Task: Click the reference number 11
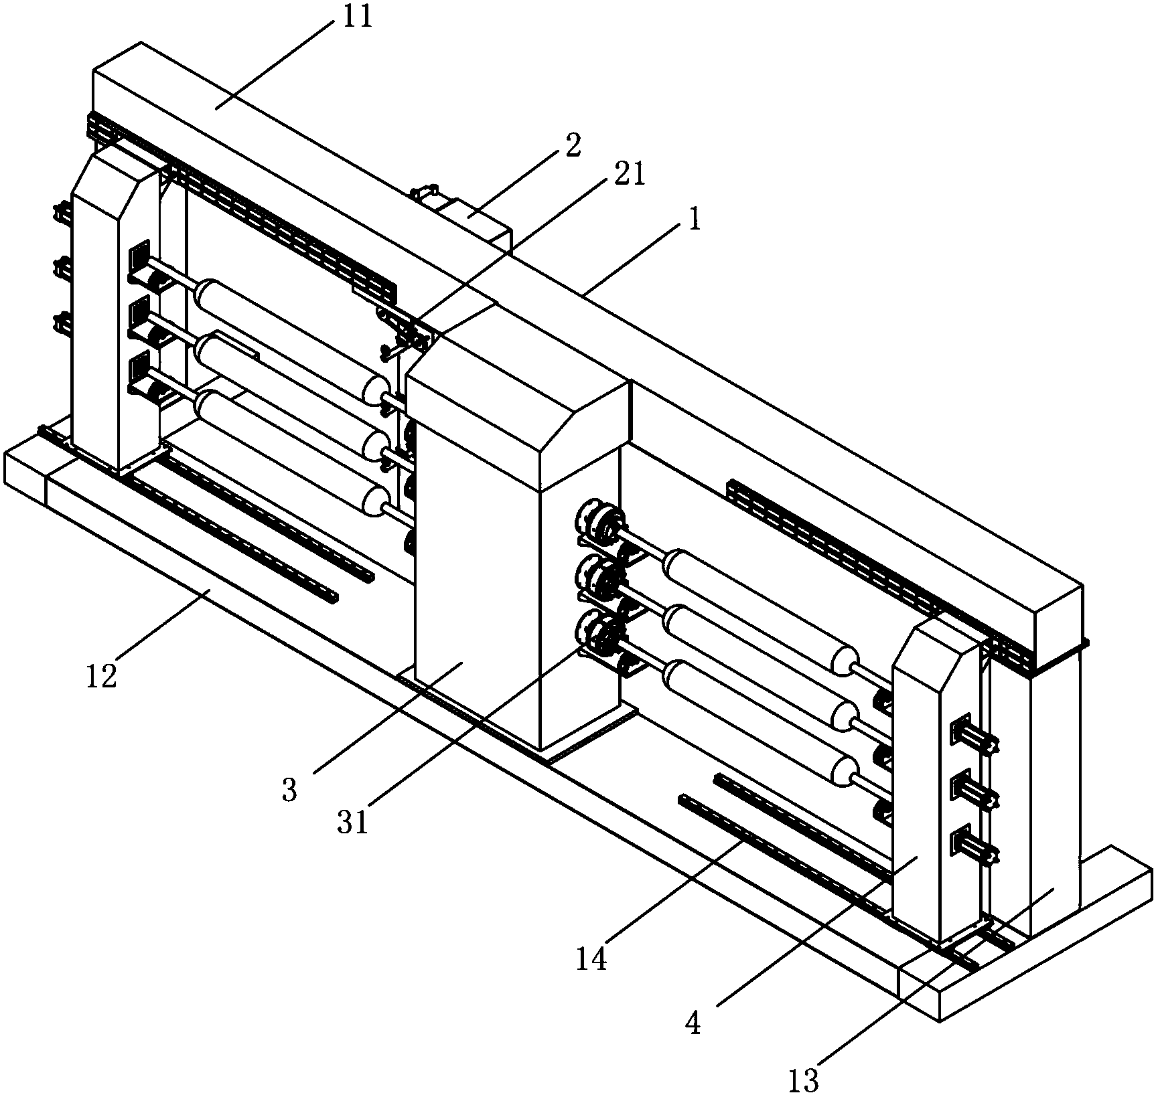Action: click(x=357, y=16)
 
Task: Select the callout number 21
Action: click(x=630, y=175)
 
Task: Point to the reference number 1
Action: click(x=695, y=220)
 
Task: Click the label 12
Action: click(x=102, y=676)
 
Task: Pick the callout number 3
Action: click(x=289, y=791)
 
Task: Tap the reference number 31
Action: click(x=353, y=823)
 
